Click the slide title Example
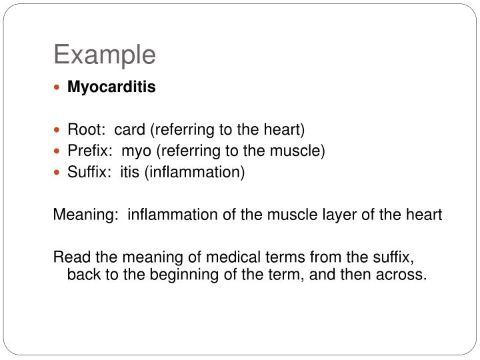105,55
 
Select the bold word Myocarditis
111,87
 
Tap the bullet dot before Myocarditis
58,88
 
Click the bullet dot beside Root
58,129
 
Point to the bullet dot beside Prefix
58,151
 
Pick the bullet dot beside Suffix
58,173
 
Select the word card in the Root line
129,129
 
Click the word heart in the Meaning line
424,215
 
